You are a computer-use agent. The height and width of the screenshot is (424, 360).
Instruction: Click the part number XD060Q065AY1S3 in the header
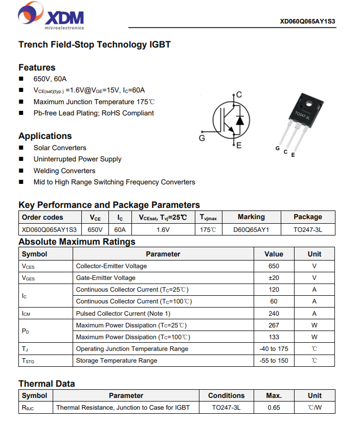307,21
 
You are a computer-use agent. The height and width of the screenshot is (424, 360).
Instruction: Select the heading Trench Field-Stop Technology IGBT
95,44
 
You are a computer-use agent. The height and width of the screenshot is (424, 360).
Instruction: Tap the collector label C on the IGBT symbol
239,95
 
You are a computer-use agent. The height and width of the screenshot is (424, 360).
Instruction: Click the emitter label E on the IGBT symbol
239,146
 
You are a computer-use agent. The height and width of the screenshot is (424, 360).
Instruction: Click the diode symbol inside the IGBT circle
239,121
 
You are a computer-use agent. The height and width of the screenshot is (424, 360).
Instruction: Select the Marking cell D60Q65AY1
251,229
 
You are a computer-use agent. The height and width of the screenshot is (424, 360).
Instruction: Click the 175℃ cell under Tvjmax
208,229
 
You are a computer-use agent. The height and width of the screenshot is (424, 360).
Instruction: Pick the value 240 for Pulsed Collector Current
274,313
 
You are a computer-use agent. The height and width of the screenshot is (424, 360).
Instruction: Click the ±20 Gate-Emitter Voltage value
274,278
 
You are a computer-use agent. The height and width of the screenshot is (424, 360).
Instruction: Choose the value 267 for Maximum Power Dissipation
274,325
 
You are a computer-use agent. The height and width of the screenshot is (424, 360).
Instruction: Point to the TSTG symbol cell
29,361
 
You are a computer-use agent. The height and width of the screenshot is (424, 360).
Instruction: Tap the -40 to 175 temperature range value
274,349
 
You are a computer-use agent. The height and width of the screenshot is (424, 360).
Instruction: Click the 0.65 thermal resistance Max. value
274,408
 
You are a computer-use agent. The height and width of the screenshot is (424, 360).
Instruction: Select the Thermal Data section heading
47,384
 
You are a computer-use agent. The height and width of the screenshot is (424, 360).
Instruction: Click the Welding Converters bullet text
64,171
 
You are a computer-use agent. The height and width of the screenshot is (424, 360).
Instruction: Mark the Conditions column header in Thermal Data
226,395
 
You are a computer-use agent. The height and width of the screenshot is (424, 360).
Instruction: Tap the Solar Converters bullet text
60,148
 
